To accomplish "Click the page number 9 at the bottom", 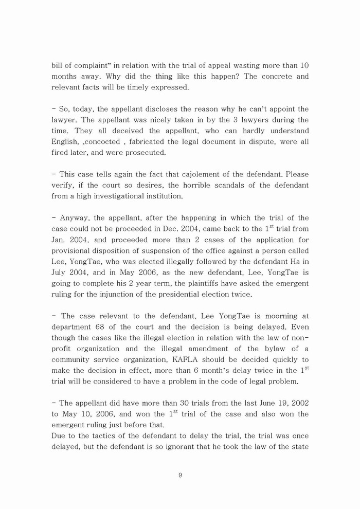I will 180,475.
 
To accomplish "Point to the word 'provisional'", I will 73,250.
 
